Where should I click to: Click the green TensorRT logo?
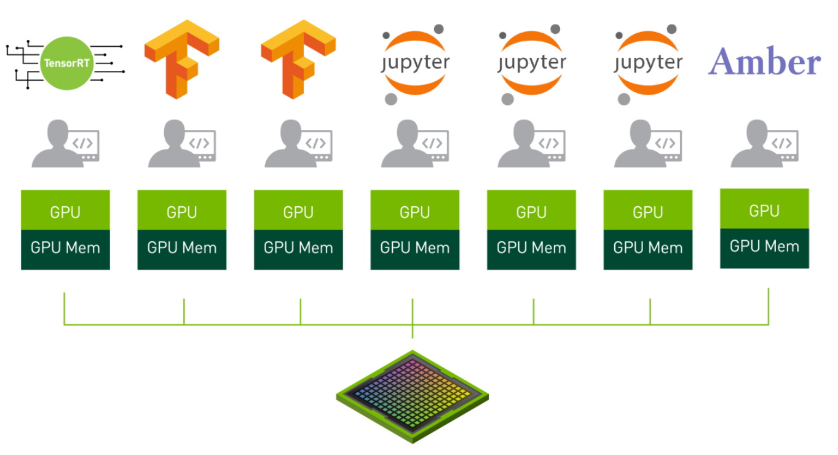pos(67,63)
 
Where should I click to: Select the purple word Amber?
pos(765,63)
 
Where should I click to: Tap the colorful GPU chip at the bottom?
pos(413,396)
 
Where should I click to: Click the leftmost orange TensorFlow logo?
pos(182,59)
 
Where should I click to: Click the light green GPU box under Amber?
pos(764,209)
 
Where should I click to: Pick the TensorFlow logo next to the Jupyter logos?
pos(298,59)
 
